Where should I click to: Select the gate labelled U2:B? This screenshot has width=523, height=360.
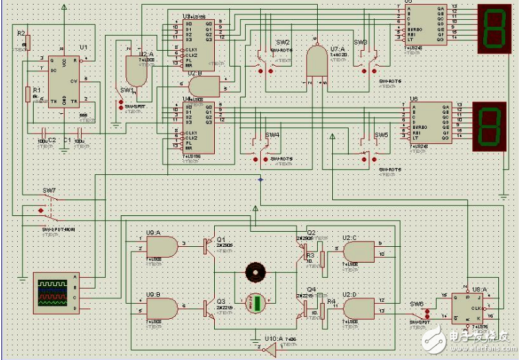(x=203, y=86)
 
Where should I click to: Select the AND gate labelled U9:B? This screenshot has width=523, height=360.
(x=172, y=307)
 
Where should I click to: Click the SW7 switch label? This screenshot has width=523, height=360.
(x=49, y=190)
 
